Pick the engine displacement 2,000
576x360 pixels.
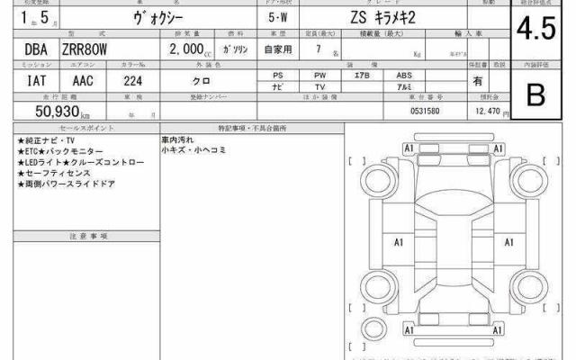[x=184, y=50]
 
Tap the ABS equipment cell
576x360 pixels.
[x=405, y=75]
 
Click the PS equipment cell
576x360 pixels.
[x=279, y=75]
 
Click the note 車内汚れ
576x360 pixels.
[x=177, y=140]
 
